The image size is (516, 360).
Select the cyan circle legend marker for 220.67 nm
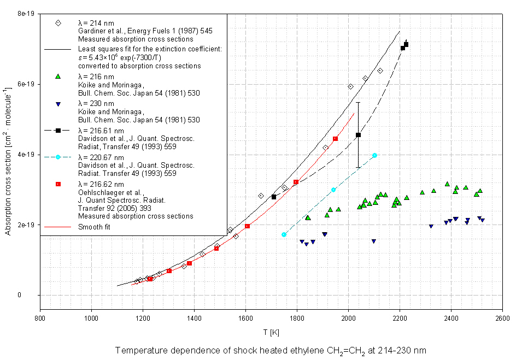(x=57, y=157)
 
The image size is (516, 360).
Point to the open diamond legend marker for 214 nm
(x=57, y=22)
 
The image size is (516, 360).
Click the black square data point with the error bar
(x=358, y=135)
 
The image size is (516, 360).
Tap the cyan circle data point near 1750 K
(x=284, y=234)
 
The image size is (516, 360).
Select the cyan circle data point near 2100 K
(x=374, y=156)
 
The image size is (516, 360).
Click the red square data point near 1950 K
(x=335, y=139)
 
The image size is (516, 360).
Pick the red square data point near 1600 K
(x=247, y=226)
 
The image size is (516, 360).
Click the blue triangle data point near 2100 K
(x=374, y=241)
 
